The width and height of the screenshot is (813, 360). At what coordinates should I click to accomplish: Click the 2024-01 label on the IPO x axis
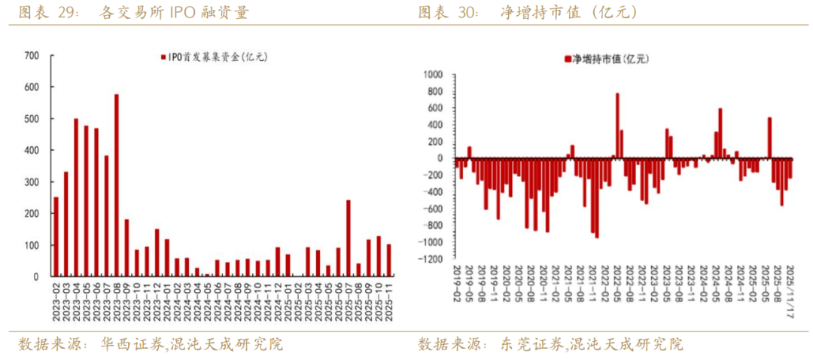click(167, 299)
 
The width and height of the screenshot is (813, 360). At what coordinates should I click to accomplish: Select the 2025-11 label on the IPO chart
click(389, 299)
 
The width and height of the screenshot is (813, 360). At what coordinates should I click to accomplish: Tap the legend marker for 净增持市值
click(567, 58)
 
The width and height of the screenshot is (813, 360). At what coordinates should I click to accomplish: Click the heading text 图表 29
click(44, 12)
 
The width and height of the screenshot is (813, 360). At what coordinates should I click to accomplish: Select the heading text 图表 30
click(447, 12)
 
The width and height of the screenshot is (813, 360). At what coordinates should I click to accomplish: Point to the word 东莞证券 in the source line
click(531, 345)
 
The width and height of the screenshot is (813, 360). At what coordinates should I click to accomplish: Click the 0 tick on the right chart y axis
click(443, 159)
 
